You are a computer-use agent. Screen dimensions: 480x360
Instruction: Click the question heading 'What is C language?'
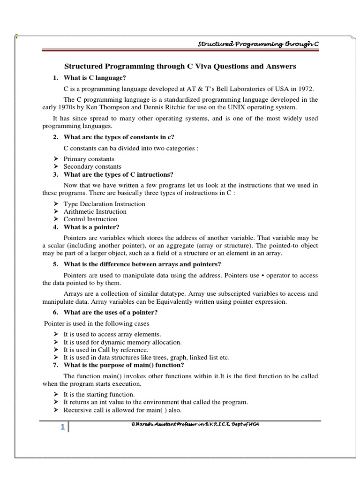tap(95, 77)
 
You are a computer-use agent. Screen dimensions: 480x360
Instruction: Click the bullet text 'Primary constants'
tap(89, 159)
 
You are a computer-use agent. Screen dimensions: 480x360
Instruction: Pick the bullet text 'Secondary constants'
tap(92, 166)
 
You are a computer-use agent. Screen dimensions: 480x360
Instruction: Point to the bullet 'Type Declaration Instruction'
tap(104, 204)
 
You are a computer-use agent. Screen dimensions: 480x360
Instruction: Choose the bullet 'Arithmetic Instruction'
tap(95, 211)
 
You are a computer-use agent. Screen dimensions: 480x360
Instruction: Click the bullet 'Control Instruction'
tap(90, 219)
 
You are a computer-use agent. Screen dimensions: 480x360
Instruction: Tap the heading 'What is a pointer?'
tap(91, 227)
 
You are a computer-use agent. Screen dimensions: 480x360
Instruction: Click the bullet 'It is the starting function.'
tap(99, 395)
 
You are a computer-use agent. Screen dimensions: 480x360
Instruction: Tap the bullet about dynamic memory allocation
tap(122, 342)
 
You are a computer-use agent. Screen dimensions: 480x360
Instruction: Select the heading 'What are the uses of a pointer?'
tap(110, 313)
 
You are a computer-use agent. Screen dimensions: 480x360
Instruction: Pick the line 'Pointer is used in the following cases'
tap(97, 323)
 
